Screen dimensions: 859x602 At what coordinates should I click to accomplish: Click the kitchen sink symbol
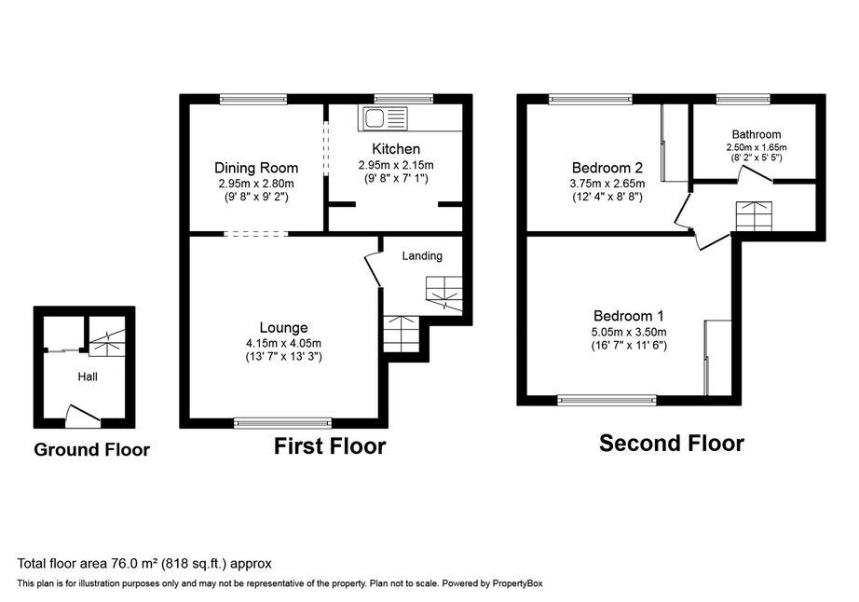tap(383, 118)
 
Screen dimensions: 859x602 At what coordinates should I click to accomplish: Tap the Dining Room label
tap(256, 168)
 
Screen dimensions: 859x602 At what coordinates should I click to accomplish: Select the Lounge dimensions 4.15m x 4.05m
tap(284, 344)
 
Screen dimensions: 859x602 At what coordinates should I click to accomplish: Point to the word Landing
tap(422, 256)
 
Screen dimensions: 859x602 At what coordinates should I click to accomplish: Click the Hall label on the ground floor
tap(88, 376)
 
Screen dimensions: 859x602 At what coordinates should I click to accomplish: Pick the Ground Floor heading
tap(91, 450)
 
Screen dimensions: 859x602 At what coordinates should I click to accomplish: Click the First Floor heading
tap(330, 446)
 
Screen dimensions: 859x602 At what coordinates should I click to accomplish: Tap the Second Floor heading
tap(672, 444)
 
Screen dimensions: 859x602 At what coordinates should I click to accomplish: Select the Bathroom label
tap(757, 134)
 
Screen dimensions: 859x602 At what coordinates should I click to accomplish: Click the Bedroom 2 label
tap(607, 168)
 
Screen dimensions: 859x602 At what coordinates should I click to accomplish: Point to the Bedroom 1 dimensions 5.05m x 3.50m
tap(629, 332)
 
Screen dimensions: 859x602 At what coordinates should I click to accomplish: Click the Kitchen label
tap(396, 149)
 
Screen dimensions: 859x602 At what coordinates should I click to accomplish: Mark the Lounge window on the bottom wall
tap(283, 422)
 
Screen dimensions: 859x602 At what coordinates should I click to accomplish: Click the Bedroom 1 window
tap(607, 401)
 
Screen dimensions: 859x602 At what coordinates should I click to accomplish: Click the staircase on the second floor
tap(754, 216)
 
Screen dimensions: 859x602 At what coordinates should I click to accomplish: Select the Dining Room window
tap(253, 99)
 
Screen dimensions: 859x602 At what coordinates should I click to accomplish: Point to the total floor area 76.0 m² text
tap(144, 564)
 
